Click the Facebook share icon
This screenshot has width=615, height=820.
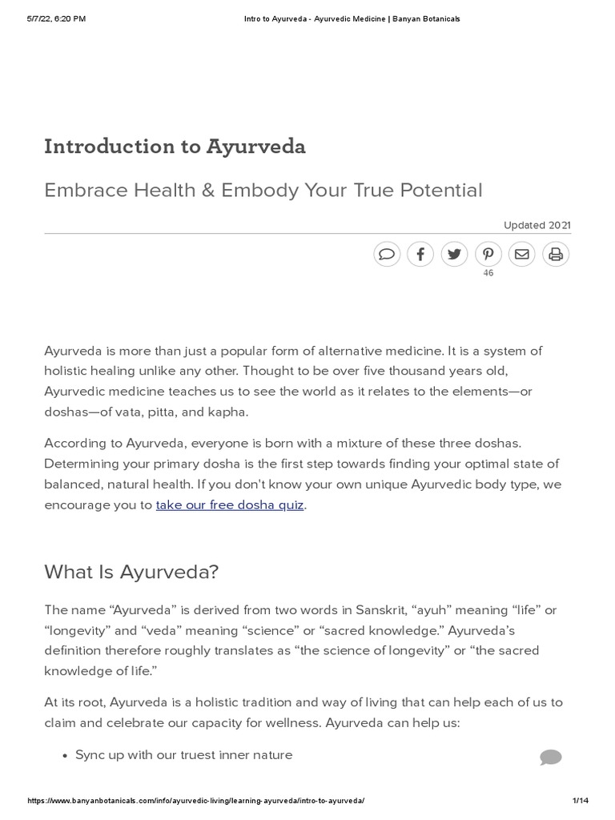pyautogui.click(x=420, y=255)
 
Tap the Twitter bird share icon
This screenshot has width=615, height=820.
pyautogui.click(x=454, y=255)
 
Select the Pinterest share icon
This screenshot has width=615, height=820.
pyautogui.click(x=488, y=255)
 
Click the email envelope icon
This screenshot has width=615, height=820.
pyautogui.click(x=521, y=255)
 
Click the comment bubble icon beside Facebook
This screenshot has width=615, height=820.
pyautogui.click(x=387, y=255)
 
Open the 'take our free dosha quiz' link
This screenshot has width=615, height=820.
pyautogui.click(x=230, y=505)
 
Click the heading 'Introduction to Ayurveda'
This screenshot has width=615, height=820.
pyautogui.click(x=175, y=147)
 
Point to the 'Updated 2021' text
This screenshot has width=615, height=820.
pyautogui.click(x=537, y=226)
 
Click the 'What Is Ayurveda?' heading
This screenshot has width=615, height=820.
pyautogui.click(x=131, y=572)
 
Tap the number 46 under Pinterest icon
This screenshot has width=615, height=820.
pyautogui.click(x=488, y=274)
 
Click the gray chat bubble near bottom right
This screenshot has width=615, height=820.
pyautogui.click(x=550, y=758)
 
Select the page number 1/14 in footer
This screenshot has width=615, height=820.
pyautogui.click(x=581, y=801)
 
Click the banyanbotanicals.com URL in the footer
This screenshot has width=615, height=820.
pyautogui.click(x=196, y=801)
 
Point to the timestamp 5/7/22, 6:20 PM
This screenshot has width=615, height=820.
pyautogui.click(x=58, y=18)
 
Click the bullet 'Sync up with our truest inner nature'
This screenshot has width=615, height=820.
pyautogui.click(x=183, y=755)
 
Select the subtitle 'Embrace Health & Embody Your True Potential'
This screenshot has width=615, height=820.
pyautogui.click(x=263, y=191)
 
